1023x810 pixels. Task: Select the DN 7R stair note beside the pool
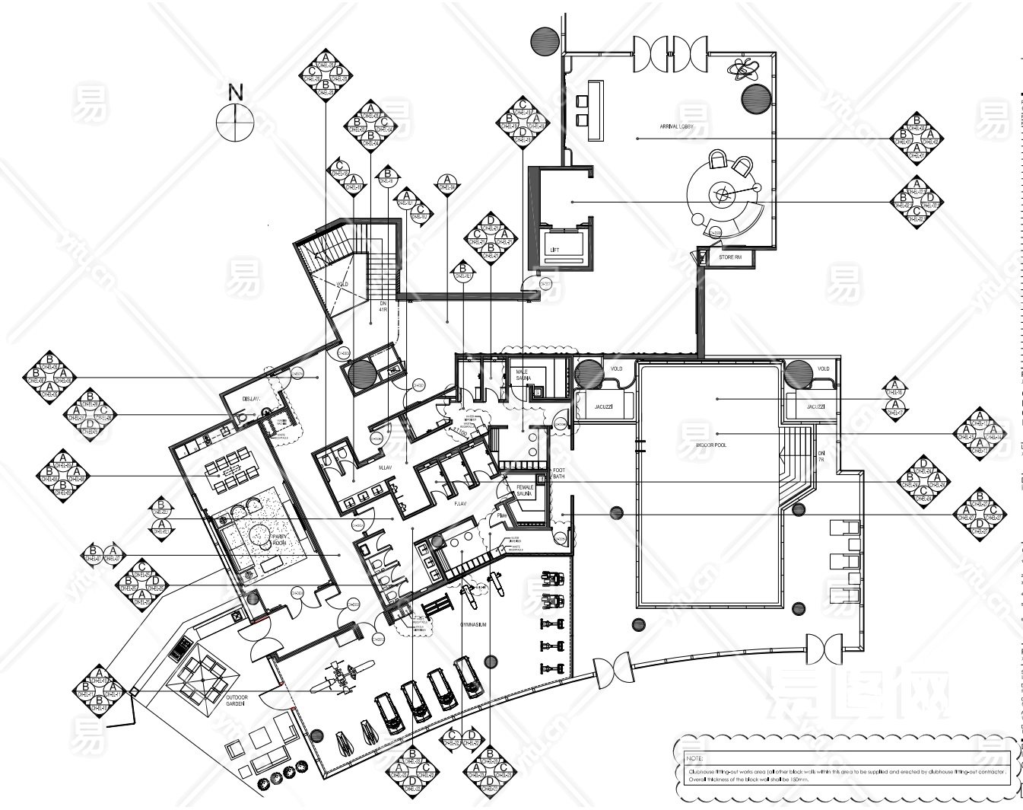pos(821,456)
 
